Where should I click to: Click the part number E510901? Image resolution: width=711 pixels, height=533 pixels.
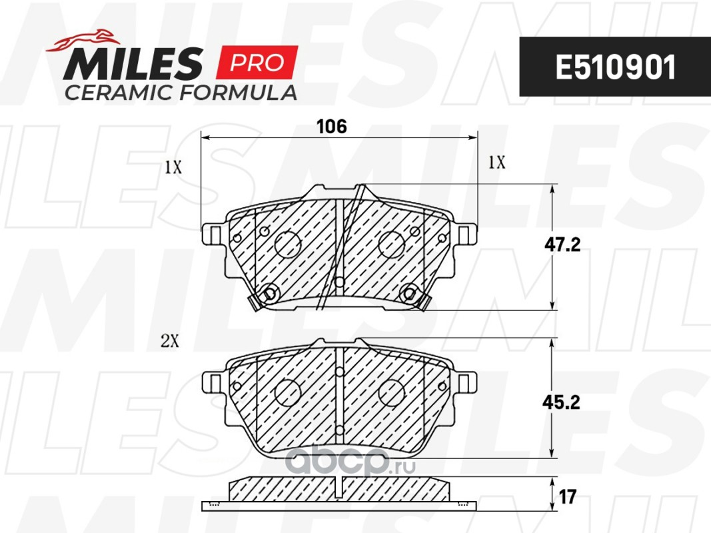click(615, 67)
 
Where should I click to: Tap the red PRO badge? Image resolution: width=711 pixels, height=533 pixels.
click(257, 62)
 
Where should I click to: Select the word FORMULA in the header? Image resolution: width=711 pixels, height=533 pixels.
click(239, 92)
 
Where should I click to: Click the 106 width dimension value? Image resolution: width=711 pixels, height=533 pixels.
click(332, 127)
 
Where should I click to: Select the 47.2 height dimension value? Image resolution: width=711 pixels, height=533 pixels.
click(562, 245)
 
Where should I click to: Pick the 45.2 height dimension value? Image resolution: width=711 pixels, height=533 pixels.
click(561, 402)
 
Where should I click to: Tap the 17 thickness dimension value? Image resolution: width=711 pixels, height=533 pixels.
click(567, 497)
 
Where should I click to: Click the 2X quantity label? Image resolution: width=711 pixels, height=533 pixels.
click(170, 341)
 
